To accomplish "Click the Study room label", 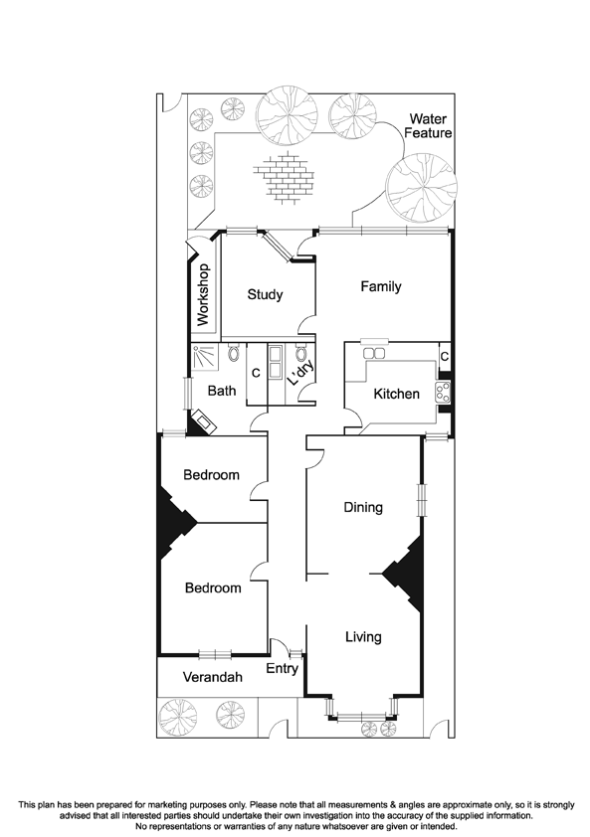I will click(x=266, y=294).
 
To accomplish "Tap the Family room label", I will click(x=381, y=287).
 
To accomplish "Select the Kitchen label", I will click(x=396, y=395).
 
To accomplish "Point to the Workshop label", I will click(x=203, y=295).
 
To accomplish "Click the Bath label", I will click(x=222, y=391).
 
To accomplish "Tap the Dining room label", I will click(x=363, y=507).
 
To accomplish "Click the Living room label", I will click(x=362, y=636).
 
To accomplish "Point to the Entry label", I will click(x=282, y=669).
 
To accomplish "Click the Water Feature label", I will click(x=429, y=126).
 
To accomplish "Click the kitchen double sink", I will click(x=375, y=353).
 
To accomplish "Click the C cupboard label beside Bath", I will click(x=256, y=373).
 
